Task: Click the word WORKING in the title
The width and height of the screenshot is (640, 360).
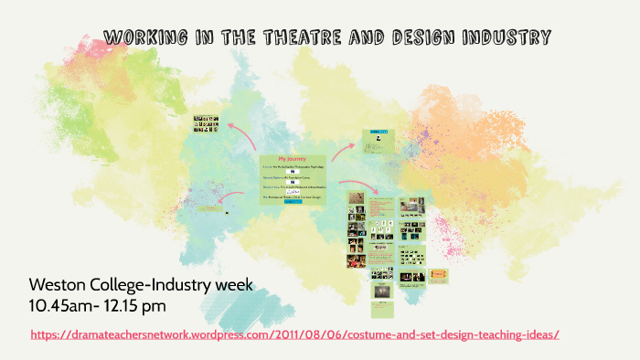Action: (x=142, y=37)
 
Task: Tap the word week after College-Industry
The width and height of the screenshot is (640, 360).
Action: (x=232, y=285)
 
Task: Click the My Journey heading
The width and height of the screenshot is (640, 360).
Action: (x=293, y=158)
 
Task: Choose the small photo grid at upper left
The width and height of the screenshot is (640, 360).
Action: (x=205, y=123)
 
